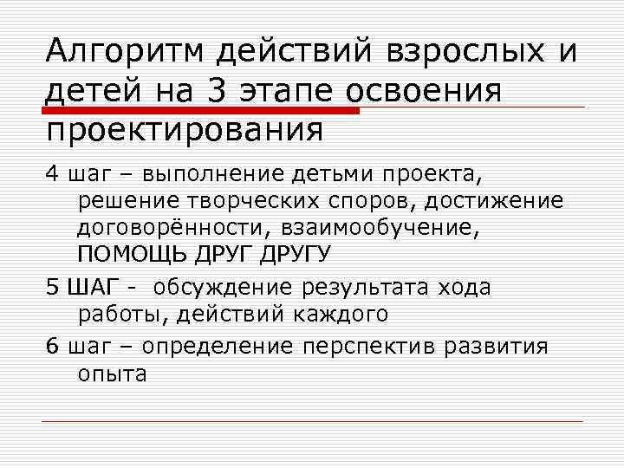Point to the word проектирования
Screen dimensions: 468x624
pyautogui.click(x=183, y=130)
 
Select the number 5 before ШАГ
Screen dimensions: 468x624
pyautogui.click(x=52, y=287)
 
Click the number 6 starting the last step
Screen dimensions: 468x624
pyautogui.click(x=52, y=347)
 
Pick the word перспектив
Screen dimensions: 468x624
pyautogui.click(x=369, y=347)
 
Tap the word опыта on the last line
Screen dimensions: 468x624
pyautogui.click(x=113, y=374)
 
